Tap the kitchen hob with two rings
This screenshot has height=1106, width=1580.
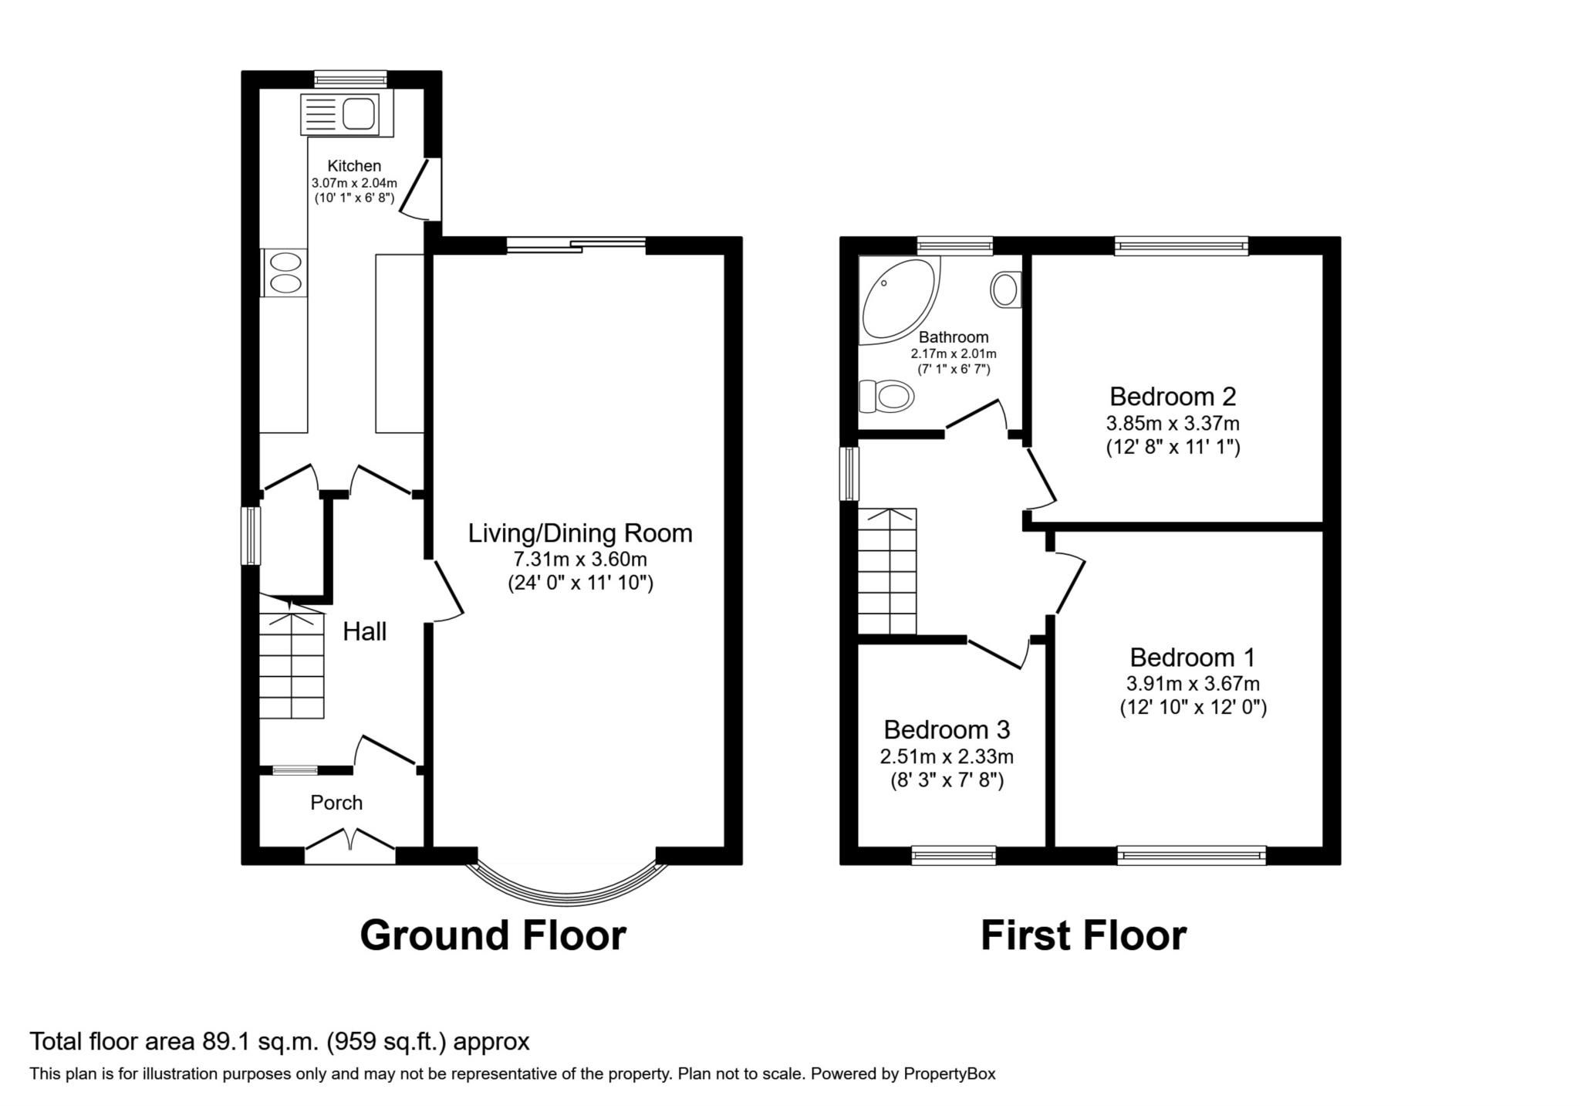click(x=284, y=272)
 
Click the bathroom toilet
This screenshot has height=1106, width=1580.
click(x=887, y=397)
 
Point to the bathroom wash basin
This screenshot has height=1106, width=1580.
click(x=1004, y=290)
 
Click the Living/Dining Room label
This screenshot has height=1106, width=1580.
click(x=580, y=533)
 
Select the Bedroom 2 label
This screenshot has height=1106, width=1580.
click(x=1172, y=397)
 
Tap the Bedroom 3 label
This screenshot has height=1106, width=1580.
click(x=947, y=729)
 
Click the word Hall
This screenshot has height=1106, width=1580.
click(x=364, y=632)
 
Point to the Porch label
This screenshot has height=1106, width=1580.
click(x=336, y=803)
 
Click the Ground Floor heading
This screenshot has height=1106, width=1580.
click(x=492, y=935)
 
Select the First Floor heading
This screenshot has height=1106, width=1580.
click(x=1082, y=935)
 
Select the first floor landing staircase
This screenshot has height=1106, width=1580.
click(x=887, y=571)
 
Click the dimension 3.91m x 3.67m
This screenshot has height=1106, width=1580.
click(x=1193, y=683)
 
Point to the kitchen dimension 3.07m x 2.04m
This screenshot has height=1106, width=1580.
click(x=354, y=183)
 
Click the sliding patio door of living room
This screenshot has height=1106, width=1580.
click(x=576, y=245)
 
